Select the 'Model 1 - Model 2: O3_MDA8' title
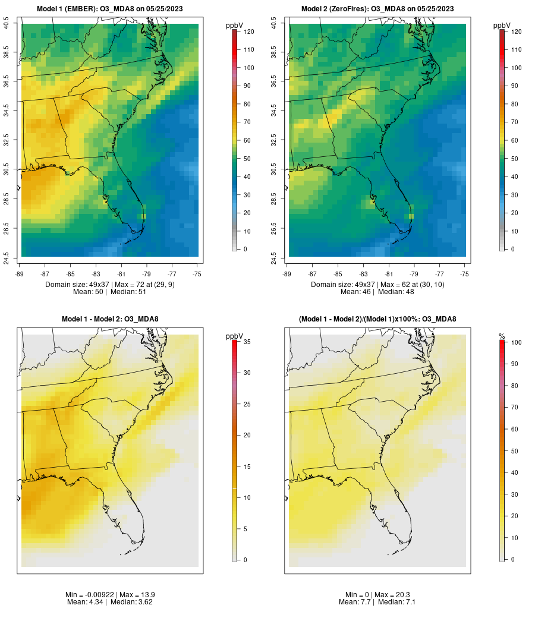coord(110,319)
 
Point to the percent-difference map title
coord(377,319)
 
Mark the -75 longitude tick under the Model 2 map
coord(464,274)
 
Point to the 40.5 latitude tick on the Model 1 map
coord(7,24)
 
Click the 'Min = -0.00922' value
coord(90,594)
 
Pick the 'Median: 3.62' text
coord(133,602)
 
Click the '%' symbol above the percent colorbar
coord(502,336)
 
